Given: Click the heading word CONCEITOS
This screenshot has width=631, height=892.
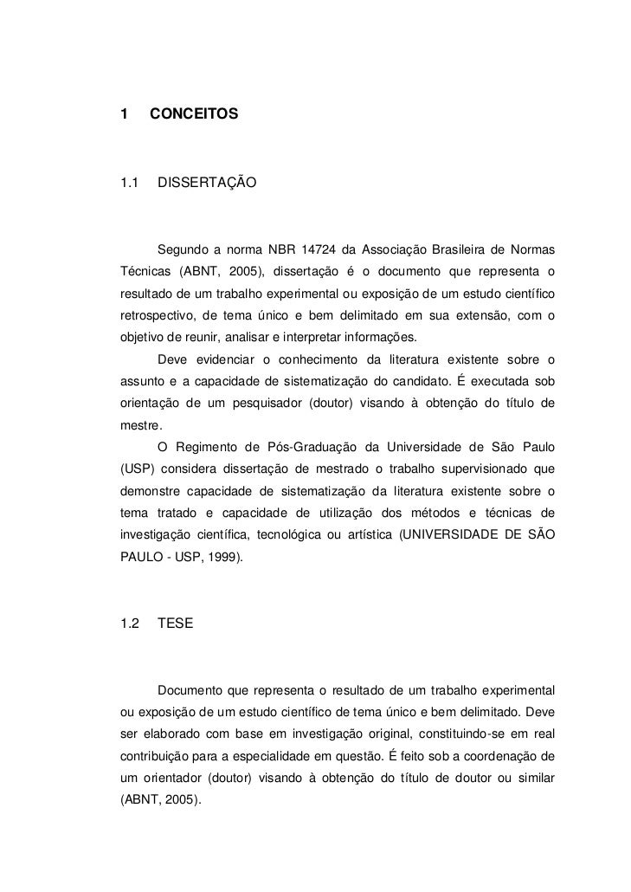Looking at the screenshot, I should point(193,113).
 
